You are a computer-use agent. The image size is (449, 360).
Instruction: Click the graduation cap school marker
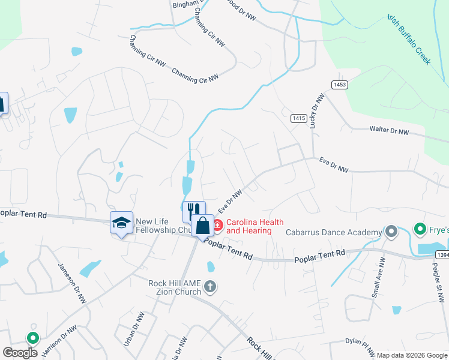[121, 223]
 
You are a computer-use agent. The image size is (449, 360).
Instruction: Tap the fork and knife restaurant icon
[193, 211]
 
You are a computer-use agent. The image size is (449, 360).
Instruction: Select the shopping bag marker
[203, 226]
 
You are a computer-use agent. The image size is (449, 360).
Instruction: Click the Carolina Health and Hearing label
[249, 226]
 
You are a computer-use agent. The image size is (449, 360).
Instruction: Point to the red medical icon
[217, 226]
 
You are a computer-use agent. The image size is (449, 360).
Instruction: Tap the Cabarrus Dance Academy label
[333, 232]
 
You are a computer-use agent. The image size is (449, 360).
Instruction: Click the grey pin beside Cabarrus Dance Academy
[391, 231]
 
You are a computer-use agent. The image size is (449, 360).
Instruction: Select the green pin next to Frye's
[421, 229]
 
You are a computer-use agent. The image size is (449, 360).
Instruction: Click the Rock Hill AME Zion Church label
[175, 287]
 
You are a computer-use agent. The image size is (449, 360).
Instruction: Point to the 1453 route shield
[339, 85]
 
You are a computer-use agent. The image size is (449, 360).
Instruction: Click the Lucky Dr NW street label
[316, 111]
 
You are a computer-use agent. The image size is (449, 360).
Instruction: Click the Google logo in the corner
[20, 353]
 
